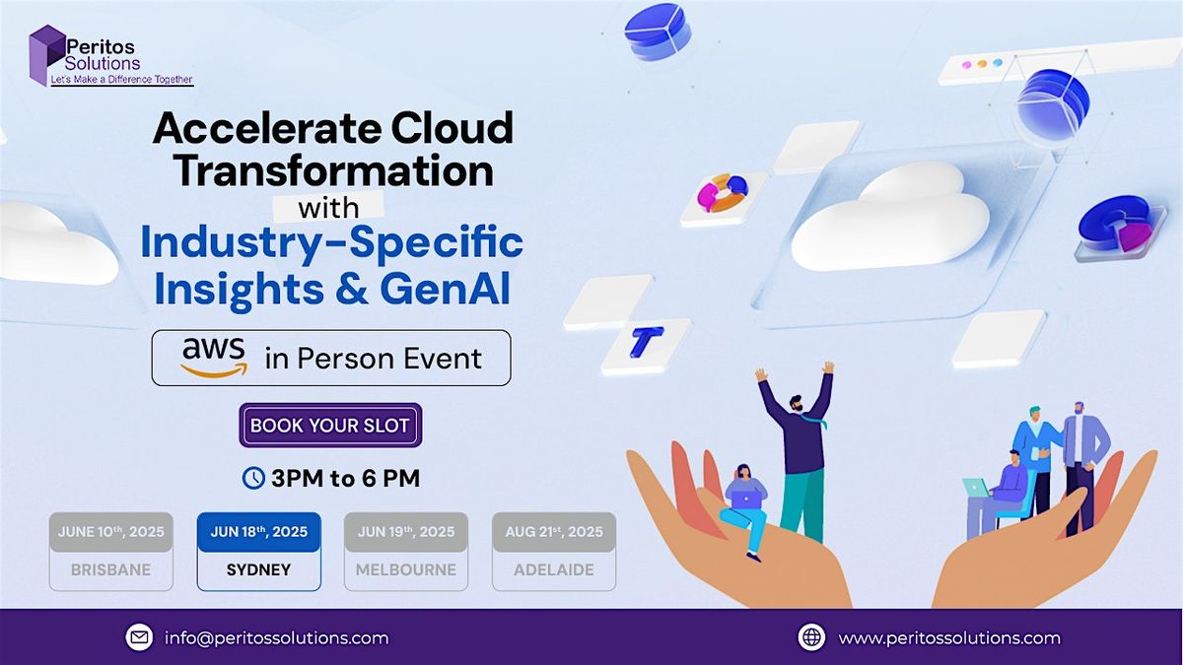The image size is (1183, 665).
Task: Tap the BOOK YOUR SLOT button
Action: (330, 426)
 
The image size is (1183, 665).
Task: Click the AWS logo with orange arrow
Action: (214, 357)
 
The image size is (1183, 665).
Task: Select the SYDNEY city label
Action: (258, 569)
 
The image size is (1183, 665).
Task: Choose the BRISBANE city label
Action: (110, 569)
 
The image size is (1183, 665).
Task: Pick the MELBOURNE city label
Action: (406, 569)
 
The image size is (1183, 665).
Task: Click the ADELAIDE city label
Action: (554, 569)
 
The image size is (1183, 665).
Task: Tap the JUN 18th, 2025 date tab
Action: (258, 532)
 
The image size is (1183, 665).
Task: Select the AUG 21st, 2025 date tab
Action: (554, 532)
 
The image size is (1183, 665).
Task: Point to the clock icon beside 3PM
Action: (253, 479)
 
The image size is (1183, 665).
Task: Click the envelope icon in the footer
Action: (139, 637)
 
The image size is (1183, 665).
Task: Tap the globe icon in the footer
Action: (811, 637)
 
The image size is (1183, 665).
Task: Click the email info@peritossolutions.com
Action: (276, 637)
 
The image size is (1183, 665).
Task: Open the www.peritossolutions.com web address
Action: (948, 637)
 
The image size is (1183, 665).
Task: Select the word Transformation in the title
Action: (333, 171)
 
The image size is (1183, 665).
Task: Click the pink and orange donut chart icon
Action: (723, 194)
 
